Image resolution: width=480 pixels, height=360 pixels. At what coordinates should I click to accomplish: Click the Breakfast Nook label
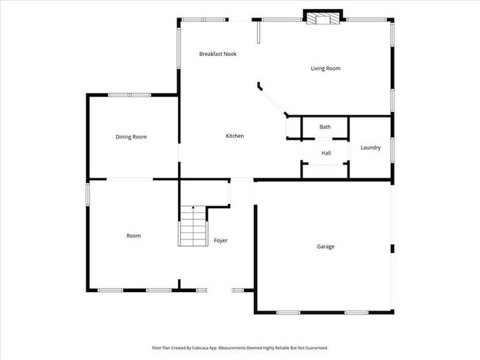click(x=218, y=54)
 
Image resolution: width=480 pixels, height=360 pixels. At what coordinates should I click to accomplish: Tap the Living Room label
click(x=324, y=69)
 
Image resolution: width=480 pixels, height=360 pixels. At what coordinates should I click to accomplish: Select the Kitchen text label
click(x=235, y=136)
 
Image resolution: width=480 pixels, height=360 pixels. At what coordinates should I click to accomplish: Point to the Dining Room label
click(x=131, y=136)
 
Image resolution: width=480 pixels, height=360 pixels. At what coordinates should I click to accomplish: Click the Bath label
click(x=325, y=127)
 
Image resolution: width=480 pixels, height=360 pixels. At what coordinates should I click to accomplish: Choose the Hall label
click(x=326, y=153)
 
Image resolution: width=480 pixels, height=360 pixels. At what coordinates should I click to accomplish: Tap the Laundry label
click(x=371, y=148)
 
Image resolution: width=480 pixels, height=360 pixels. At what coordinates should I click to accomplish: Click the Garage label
click(x=326, y=246)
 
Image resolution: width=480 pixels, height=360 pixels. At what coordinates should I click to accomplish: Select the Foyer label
click(x=221, y=240)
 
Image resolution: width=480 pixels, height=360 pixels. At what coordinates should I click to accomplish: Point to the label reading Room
click(x=134, y=235)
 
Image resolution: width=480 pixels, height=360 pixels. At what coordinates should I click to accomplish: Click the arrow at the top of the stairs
click(x=193, y=210)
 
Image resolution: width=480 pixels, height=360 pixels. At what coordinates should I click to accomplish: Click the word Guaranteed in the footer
click(x=315, y=347)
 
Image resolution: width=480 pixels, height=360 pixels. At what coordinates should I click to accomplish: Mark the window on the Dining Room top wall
click(x=130, y=94)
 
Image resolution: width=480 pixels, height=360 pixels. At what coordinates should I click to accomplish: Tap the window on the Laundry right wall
click(x=391, y=148)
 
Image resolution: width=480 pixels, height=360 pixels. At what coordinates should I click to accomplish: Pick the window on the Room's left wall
click(x=88, y=193)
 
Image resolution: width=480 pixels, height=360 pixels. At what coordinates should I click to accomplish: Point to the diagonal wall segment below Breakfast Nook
click(x=273, y=100)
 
